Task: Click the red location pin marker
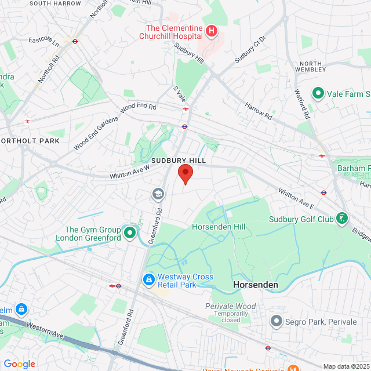tap(185, 173)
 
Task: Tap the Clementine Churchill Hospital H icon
tap(212, 31)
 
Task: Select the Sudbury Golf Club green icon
tap(343, 219)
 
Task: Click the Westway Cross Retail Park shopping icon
tap(149, 280)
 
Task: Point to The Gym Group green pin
tap(130, 233)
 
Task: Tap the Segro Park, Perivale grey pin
tap(276, 321)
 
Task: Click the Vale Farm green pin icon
tap(318, 93)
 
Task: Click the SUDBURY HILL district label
tap(179, 159)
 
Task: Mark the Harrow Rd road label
tap(258, 107)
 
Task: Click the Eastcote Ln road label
tap(44, 43)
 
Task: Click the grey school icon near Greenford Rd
tap(157, 194)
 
